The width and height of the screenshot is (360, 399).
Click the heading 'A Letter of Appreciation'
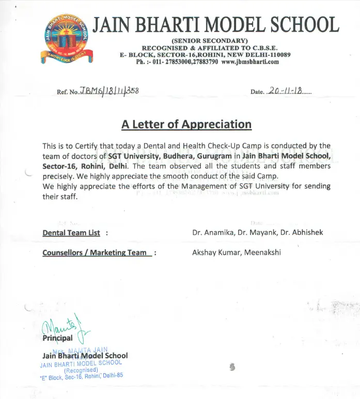pos(186,124)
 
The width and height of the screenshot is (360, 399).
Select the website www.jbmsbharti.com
pos(250,62)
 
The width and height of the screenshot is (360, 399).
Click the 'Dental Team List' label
pos(71,233)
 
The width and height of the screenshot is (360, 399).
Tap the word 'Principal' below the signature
pos(57,339)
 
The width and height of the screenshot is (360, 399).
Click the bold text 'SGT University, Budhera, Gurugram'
pos(169,156)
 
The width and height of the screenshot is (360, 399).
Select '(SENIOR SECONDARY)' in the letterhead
pos(210,41)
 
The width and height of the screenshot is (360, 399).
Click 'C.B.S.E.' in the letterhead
pos(263,48)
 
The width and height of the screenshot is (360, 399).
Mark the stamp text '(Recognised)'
pos(81,370)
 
